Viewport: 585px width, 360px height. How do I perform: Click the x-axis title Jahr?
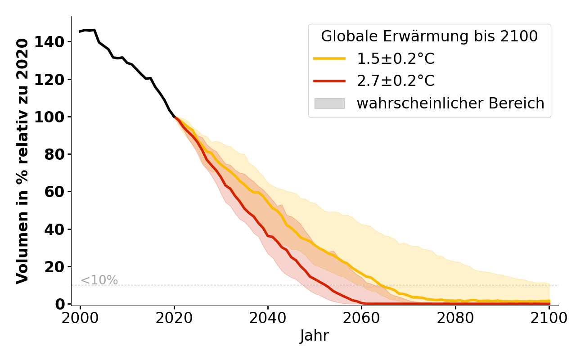pyautogui.click(x=314, y=336)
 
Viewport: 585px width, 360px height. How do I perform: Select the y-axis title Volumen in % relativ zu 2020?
pyautogui.click(x=22, y=161)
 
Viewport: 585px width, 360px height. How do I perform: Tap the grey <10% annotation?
pyautogui.click(x=99, y=280)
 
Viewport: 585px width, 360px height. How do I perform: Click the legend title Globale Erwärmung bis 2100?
pyautogui.click(x=429, y=36)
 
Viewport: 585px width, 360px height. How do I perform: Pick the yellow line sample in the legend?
pyautogui.click(x=329, y=58)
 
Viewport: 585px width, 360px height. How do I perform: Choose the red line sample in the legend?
pyautogui.click(x=329, y=81)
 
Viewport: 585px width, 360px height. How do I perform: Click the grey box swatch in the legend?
pyautogui.click(x=329, y=103)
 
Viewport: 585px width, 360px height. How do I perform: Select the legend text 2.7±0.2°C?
pyautogui.click(x=396, y=81)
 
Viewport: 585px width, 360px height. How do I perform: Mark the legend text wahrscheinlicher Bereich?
pyautogui.click(x=450, y=103)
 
